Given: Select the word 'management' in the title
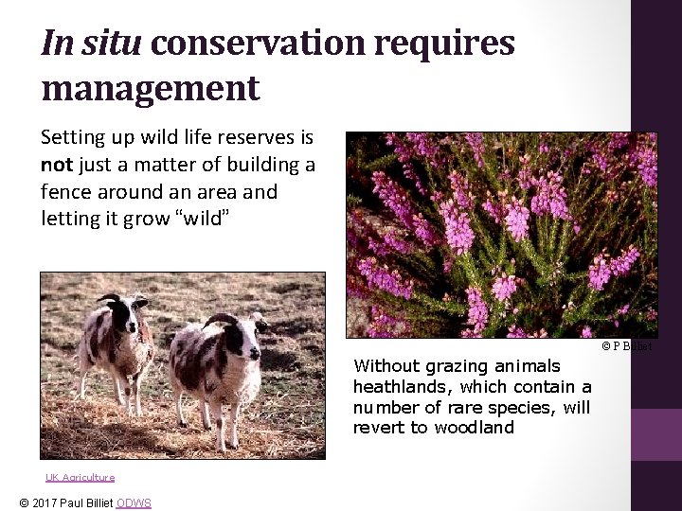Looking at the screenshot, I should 150,88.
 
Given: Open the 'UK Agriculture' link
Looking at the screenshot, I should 80,477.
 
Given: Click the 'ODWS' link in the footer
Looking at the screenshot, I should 134,502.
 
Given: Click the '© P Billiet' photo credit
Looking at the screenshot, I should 627,346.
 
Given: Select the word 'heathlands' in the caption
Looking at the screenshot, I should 392,386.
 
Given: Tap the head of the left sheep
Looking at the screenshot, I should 127,311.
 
